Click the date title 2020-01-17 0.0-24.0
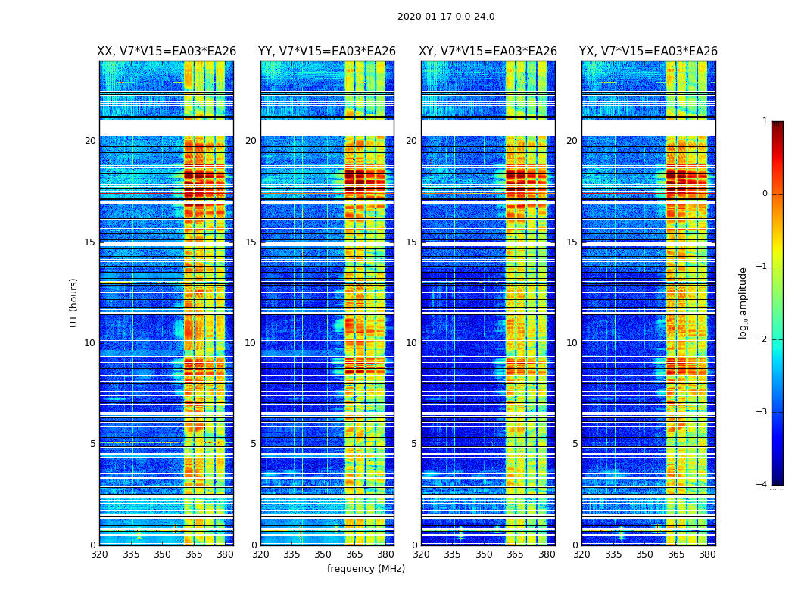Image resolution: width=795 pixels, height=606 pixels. tap(446, 17)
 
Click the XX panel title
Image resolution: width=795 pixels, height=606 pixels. tap(167, 52)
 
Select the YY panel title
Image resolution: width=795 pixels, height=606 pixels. tap(327, 52)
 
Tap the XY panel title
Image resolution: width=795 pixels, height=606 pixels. tap(488, 52)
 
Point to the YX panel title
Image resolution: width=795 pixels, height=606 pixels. tap(648, 52)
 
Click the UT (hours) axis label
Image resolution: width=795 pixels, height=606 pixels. tap(73, 302)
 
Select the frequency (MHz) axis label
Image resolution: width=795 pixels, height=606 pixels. tap(366, 569)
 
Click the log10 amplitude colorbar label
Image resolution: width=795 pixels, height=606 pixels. tap(744, 302)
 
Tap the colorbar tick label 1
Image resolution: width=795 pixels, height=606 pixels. tap(765, 121)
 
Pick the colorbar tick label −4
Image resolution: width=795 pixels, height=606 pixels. tap(762, 485)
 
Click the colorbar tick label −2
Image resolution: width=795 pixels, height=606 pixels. tap(762, 339)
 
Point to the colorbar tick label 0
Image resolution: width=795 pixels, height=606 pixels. tap(765, 194)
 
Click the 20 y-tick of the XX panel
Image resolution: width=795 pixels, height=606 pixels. tap(90, 141)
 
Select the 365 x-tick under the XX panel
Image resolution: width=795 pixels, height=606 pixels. tap(194, 554)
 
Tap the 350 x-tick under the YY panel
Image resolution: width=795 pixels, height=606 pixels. tap(323, 554)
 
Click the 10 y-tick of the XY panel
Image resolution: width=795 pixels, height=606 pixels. tap(411, 343)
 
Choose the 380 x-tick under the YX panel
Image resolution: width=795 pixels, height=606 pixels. tap(707, 554)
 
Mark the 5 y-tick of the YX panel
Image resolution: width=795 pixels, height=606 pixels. tap(575, 444)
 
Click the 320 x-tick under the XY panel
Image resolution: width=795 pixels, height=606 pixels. tap(421, 554)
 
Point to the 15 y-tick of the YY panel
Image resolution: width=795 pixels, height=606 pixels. tap(251, 242)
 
